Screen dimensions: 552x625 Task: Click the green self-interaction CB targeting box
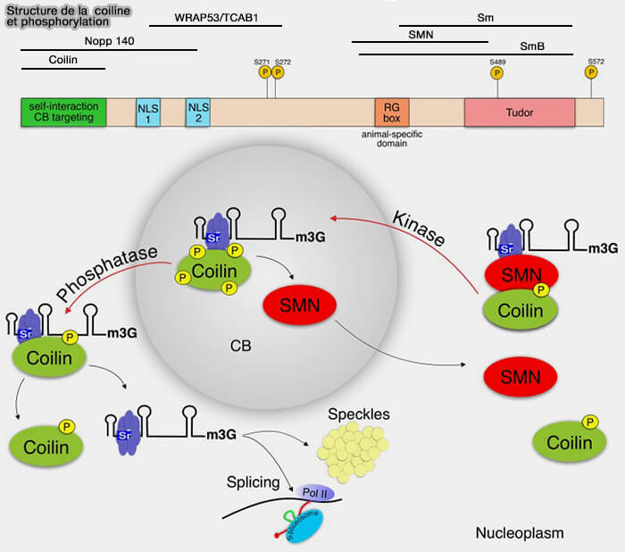click(x=63, y=112)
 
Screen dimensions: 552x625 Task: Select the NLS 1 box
click(x=147, y=113)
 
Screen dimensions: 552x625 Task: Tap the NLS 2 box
click(x=197, y=113)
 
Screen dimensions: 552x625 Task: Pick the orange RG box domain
click(x=392, y=113)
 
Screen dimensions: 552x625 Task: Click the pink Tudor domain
click(x=519, y=113)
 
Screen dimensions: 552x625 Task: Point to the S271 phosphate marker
click(x=263, y=71)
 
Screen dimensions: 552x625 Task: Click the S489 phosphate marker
click(x=496, y=71)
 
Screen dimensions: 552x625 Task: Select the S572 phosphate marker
click(x=591, y=71)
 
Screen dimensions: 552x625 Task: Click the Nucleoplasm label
click(x=520, y=533)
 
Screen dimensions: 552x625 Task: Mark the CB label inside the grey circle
click(x=237, y=345)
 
